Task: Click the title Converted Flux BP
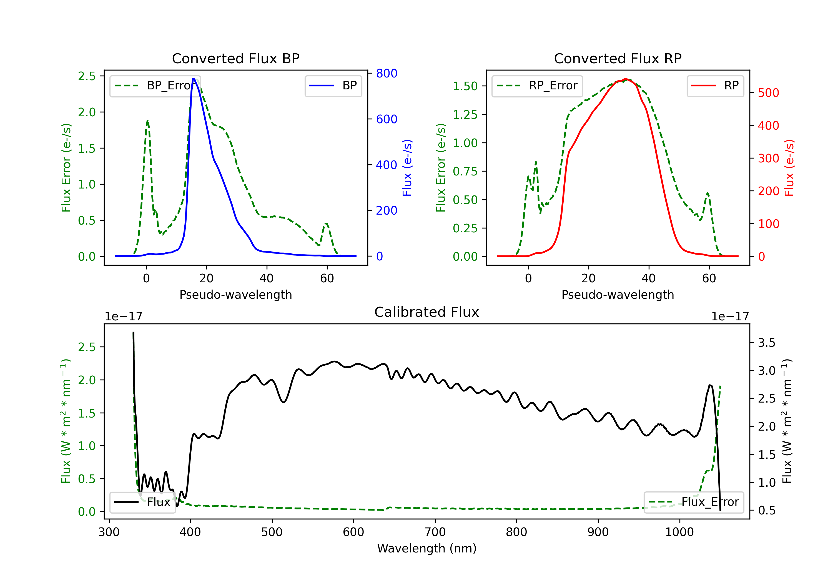click(x=236, y=58)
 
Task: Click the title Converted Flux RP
click(x=618, y=58)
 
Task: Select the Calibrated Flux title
click(x=427, y=312)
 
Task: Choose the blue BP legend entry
click(x=333, y=86)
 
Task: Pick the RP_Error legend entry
click(x=537, y=86)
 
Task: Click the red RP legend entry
click(x=715, y=86)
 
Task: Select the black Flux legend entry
click(x=142, y=502)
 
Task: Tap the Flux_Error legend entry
click(x=694, y=502)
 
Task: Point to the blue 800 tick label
click(x=387, y=73)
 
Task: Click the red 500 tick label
click(x=768, y=93)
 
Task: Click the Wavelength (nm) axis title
click(x=427, y=548)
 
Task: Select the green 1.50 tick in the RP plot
click(x=465, y=86)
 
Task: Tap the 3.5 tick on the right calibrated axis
click(x=767, y=343)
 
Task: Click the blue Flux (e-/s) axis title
click(x=407, y=168)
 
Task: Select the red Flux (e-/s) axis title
click(x=789, y=168)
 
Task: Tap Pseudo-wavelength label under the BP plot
click(x=236, y=295)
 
